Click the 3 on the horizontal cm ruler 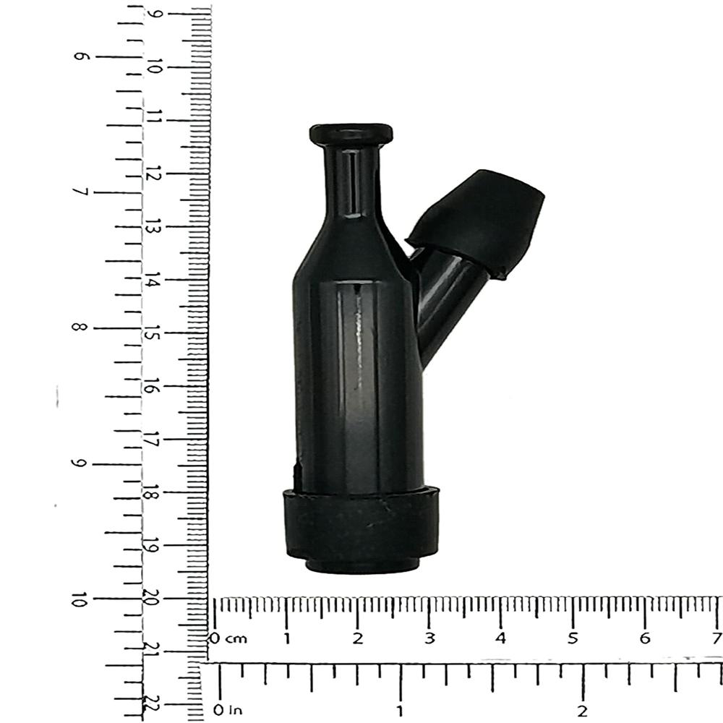pyautogui.click(x=429, y=638)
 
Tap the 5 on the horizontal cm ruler pyautogui.click(x=572, y=638)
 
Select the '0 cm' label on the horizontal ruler pyautogui.click(x=228, y=638)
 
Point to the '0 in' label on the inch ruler pyautogui.click(x=227, y=710)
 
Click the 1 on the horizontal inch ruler pyautogui.click(x=400, y=710)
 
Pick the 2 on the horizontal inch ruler pyautogui.click(x=582, y=710)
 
